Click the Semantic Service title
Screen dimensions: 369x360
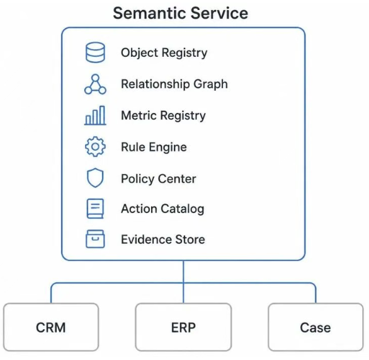(181, 13)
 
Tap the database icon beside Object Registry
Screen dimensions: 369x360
(95, 52)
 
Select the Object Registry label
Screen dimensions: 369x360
(164, 53)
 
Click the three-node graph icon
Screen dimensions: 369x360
(95, 84)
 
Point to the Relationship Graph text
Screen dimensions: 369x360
(174, 84)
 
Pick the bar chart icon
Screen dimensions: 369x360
(95, 115)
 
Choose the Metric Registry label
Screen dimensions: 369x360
(163, 115)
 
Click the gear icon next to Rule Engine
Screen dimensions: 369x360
(95, 146)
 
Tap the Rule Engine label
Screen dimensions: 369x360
(154, 147)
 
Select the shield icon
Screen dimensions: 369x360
(95, 178)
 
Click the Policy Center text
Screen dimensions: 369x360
(159, 178)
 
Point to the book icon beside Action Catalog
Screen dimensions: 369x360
(95, 209)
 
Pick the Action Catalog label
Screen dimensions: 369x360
(162, 209)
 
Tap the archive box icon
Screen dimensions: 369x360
(95, 239)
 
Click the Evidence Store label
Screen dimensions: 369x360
(163, 240)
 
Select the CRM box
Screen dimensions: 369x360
(51, 327)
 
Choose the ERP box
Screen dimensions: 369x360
(184, 327)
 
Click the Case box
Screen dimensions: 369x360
(316, 327)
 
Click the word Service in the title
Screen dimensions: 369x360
(219, 13)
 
